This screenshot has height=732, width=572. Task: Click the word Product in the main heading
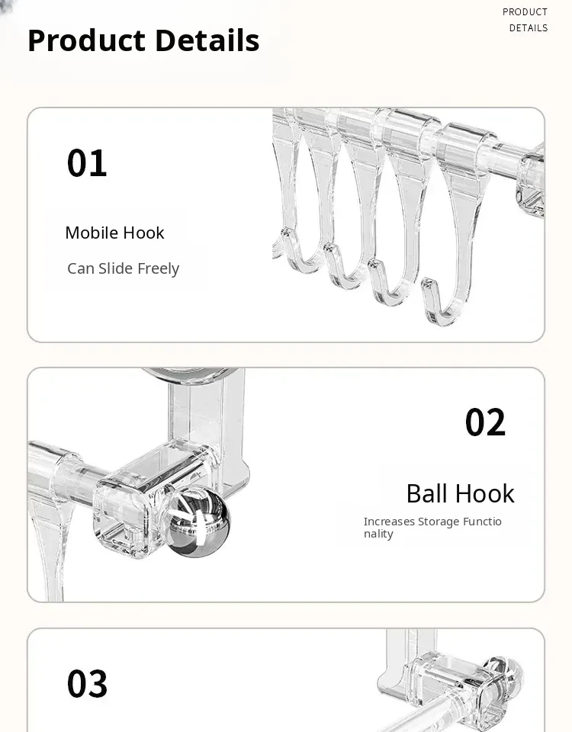[87, 40]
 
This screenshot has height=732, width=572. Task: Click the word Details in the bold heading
[207, 40]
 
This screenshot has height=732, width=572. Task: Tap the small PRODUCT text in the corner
[525, 12]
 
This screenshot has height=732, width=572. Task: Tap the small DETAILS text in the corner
[529, 28]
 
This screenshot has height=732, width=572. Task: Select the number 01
[87, 163]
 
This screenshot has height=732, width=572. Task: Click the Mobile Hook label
[115, 233]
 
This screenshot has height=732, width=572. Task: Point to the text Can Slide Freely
[124, 268]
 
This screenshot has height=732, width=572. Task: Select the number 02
[485, 422]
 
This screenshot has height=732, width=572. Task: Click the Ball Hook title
[461, 493]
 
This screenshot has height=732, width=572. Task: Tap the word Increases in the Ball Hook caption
[389, 522]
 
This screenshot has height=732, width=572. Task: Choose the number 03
[87, 684]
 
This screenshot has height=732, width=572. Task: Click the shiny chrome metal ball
[198, 522]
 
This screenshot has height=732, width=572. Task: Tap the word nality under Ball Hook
[378, 534]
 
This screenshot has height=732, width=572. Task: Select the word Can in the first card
[81, 268]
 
